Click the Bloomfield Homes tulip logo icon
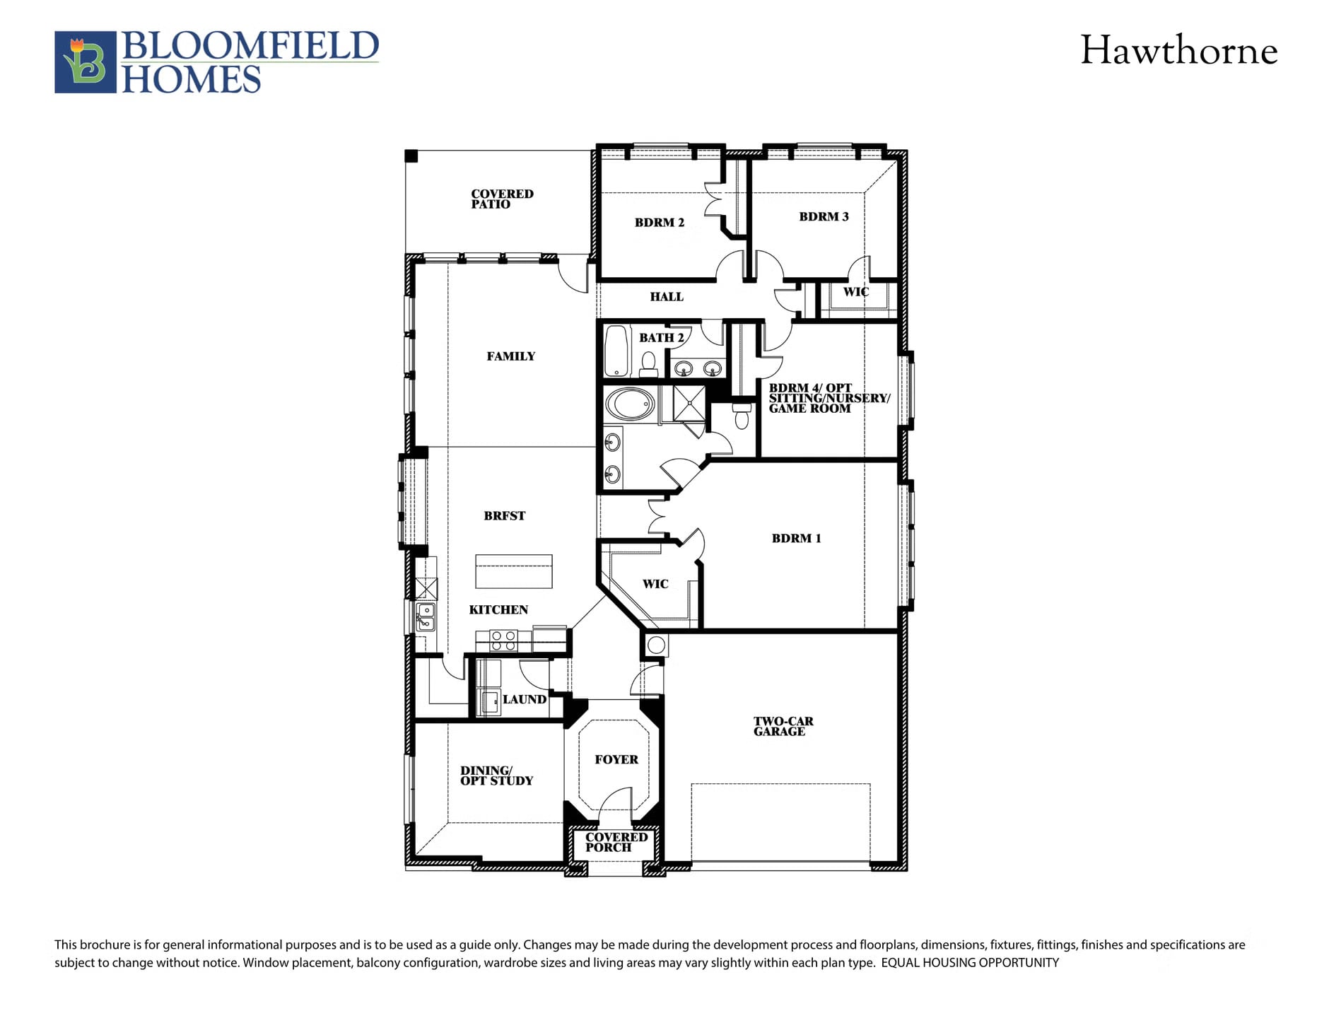coord(86,62)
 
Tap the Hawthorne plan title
coord(1178,51)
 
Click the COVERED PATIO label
coord(502,199)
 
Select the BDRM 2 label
coord(660,223)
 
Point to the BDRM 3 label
coord(824,217)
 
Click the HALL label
coord(667,297)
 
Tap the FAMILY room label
coord(511,356)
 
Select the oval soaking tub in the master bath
coord(631,405)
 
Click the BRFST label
coord(505,516)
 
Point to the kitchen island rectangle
coord(514,571)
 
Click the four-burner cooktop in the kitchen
coord(503,641)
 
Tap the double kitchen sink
coord(426,616)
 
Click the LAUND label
coord(525,699)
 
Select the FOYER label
coord(616,760)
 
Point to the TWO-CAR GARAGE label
coord(783,727)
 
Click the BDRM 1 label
coord(797,539)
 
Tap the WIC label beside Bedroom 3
coord(856,292)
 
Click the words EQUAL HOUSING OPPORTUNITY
coord(970,963)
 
